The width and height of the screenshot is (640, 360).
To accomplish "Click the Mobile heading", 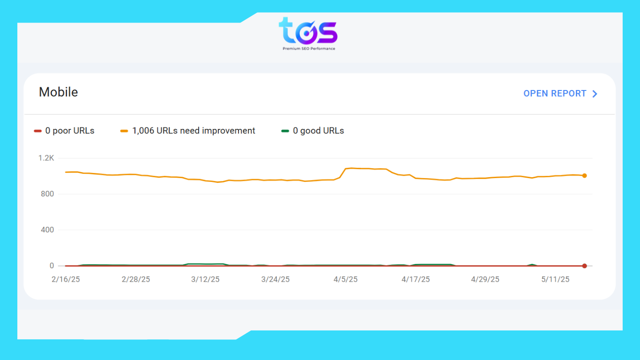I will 58,92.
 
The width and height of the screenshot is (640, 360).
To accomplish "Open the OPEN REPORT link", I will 555,93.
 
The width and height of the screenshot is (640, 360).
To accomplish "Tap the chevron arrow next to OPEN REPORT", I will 595,94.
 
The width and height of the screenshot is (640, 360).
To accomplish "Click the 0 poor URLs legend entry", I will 64,131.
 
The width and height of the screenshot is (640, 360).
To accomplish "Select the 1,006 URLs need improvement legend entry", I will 188,131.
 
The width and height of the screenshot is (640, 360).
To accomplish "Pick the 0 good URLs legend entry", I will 313,131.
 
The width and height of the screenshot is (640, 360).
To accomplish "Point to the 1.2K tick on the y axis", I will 46,158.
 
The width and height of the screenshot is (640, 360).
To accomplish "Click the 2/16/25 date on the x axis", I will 66,279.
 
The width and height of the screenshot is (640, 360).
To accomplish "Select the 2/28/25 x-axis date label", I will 136,279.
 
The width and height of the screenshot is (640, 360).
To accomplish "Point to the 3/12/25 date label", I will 205,279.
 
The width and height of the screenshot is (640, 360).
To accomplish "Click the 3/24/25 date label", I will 275,279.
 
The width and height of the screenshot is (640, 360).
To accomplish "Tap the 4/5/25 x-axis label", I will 345,279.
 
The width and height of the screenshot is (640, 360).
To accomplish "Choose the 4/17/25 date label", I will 416,279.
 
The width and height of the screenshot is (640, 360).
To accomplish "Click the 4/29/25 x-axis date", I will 485,279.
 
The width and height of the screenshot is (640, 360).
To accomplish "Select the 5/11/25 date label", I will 555,279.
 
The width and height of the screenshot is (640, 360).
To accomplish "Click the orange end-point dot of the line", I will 584,176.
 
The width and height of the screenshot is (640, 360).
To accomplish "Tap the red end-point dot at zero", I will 584,266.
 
